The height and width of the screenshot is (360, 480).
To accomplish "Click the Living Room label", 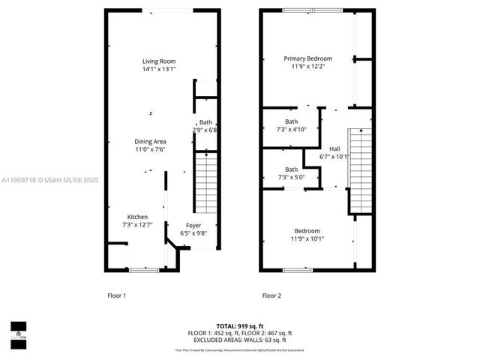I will click(x=159, y=61).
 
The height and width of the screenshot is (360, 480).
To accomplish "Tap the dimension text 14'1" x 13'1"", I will click(x=159, y=70).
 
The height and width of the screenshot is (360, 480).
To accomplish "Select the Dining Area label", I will click(x=150, y=141).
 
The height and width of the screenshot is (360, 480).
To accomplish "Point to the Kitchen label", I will click(x=136, y=217).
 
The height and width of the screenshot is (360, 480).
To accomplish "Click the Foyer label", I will click(x=193, y=224).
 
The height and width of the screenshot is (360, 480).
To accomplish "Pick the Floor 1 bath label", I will click(x=205, y=122).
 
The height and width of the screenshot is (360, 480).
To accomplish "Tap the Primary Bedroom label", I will click(x=307, y=58).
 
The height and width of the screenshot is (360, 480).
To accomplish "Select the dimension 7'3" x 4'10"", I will click(x=291, y=130).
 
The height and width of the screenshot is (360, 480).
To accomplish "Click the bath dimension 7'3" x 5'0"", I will click(x=291, y=177).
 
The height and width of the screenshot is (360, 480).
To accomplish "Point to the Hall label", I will click(x=334, y=148).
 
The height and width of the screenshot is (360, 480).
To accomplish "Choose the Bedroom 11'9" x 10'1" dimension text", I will click(x=307, y=238).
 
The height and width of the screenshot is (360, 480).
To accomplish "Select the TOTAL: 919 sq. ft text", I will click(x=239, y=326).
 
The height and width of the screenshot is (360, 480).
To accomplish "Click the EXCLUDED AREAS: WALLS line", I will click(x=239, y=339).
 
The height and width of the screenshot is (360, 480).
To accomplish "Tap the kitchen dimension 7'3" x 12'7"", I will click(x=136, y=225).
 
